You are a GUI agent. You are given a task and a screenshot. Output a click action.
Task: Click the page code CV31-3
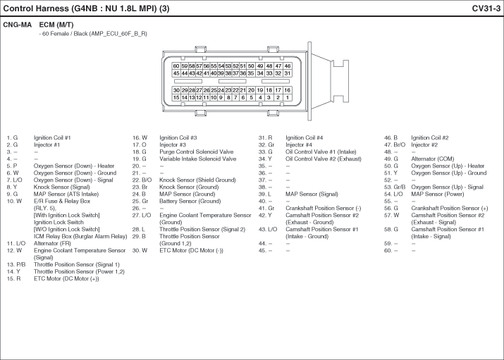[x=486, y=8]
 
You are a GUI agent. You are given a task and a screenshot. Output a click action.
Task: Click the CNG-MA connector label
[x=18, y=25]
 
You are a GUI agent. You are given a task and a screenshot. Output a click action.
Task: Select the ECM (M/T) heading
[x=56, y=25]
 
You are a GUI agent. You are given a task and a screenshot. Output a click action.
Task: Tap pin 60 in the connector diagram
[x=176, y=66]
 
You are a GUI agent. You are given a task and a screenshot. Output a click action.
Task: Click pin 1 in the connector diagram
[x=288, y=97]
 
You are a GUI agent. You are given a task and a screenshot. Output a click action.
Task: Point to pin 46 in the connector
[x=288, y=66]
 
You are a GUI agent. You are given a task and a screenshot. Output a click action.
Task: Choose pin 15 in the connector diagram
[x=176, y=97]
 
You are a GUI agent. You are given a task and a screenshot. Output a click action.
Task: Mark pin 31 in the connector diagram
[x=288, y=73]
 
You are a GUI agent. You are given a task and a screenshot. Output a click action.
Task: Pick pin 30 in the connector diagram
[x=176, y=90]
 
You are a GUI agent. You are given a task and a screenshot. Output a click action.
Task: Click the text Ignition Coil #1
[x=52, y=138]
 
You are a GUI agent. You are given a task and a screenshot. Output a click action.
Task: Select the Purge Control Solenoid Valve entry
[x=197, y=152]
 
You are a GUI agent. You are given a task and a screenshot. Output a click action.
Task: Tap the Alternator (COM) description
[x=433, y=159]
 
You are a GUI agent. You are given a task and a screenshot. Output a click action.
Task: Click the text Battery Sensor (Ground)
[x=190, y=201]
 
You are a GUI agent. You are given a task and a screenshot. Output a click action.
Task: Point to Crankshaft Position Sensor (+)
[x=449, y=209]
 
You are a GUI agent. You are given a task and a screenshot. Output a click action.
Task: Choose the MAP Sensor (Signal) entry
[x=312, y=194]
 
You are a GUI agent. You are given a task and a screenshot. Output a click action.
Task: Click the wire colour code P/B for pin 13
[x=21, y=265]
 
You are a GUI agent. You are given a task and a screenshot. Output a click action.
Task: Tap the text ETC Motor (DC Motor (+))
[x=66, y=279]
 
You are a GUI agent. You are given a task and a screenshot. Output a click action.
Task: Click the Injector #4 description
[x=299, y=145]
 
